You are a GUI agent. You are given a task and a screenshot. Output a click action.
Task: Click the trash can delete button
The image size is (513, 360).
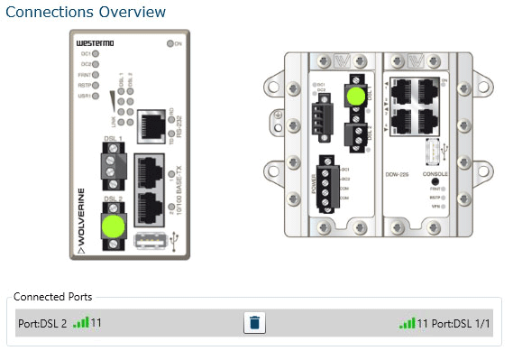[254, 323]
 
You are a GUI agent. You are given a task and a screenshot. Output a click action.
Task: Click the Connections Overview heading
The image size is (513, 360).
[86, 12]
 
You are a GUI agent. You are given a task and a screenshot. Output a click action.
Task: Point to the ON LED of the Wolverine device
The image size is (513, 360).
[170, 43]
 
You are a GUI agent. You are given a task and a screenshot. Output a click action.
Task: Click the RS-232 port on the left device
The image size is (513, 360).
[148, 130]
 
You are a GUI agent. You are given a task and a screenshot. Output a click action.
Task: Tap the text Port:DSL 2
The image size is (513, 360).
[42, 323]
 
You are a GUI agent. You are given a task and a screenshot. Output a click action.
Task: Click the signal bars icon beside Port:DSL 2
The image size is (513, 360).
[80, 322]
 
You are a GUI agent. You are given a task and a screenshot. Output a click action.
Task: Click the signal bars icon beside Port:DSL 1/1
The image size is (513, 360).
[407, 322]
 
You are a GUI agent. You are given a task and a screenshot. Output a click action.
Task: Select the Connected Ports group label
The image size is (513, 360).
[52, 296]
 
